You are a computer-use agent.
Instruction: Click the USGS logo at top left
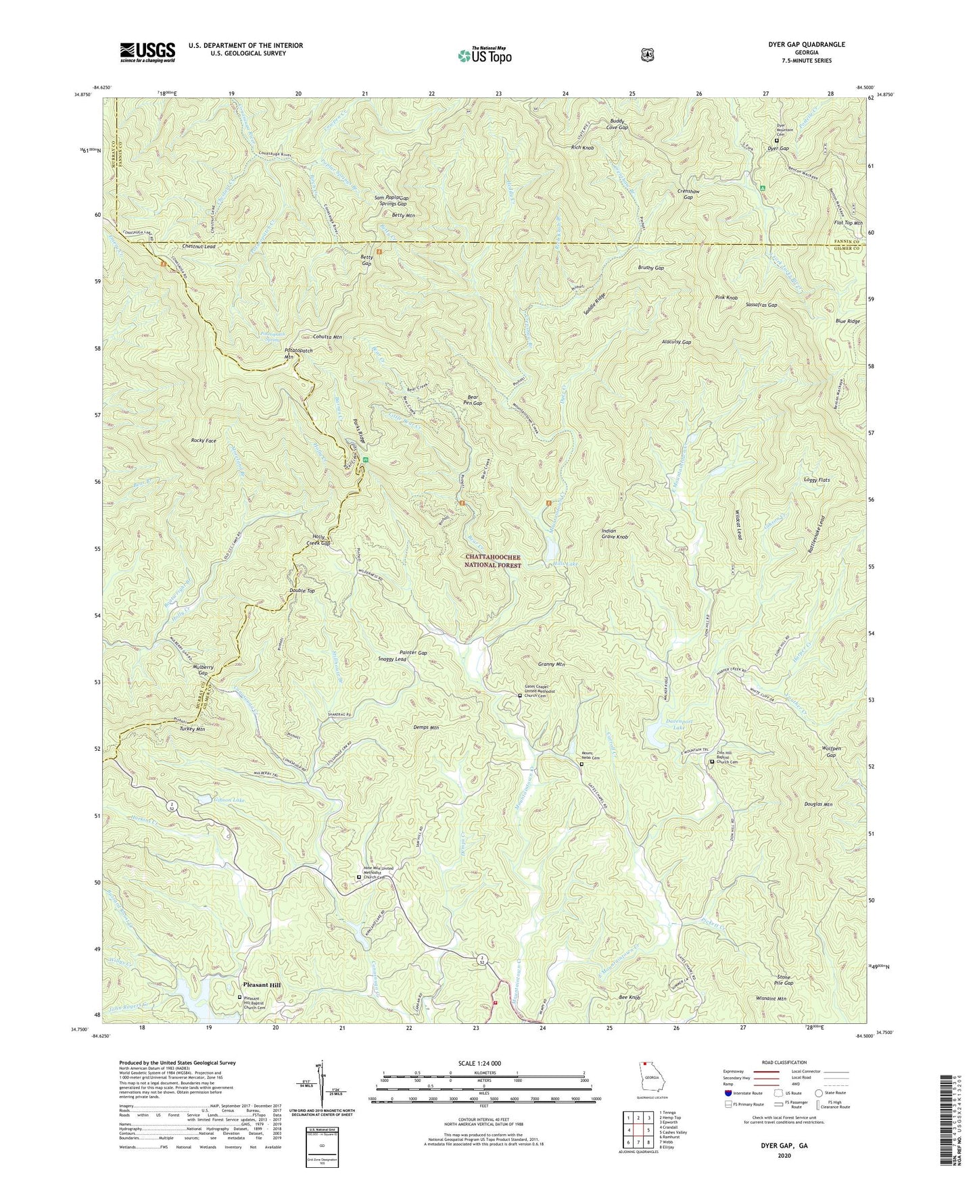click(x=147, y=51)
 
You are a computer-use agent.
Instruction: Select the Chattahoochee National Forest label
click(x=494, y=561)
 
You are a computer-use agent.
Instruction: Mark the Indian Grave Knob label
click(x=615, y=534)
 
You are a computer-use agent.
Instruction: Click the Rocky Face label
click(x=204, y=441)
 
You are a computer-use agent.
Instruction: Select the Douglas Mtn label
click(x=818, y=804)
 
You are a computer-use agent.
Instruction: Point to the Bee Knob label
click(x=629, y=998)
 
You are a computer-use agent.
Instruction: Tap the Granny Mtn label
click(x=551, y=664)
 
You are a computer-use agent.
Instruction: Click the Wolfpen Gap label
click(x=826, y=752)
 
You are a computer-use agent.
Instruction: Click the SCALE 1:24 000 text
click(x=481, y=1063)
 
